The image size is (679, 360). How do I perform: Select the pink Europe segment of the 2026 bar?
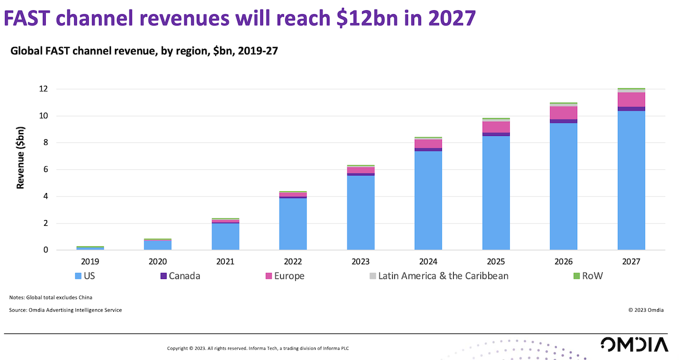(x=564, y=113)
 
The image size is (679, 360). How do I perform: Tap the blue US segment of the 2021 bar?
(x=225, y=237)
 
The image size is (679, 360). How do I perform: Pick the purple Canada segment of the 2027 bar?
(x=631, y=109)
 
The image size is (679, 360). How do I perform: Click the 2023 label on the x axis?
(x=360, y=262)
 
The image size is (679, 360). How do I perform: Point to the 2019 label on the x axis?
(x=90, y=262)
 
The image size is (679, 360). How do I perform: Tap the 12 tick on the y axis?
(x=44, y=89)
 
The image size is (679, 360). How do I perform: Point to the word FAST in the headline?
(x=35, y=19)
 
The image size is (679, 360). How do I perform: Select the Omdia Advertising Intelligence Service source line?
(x=66, y=310)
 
